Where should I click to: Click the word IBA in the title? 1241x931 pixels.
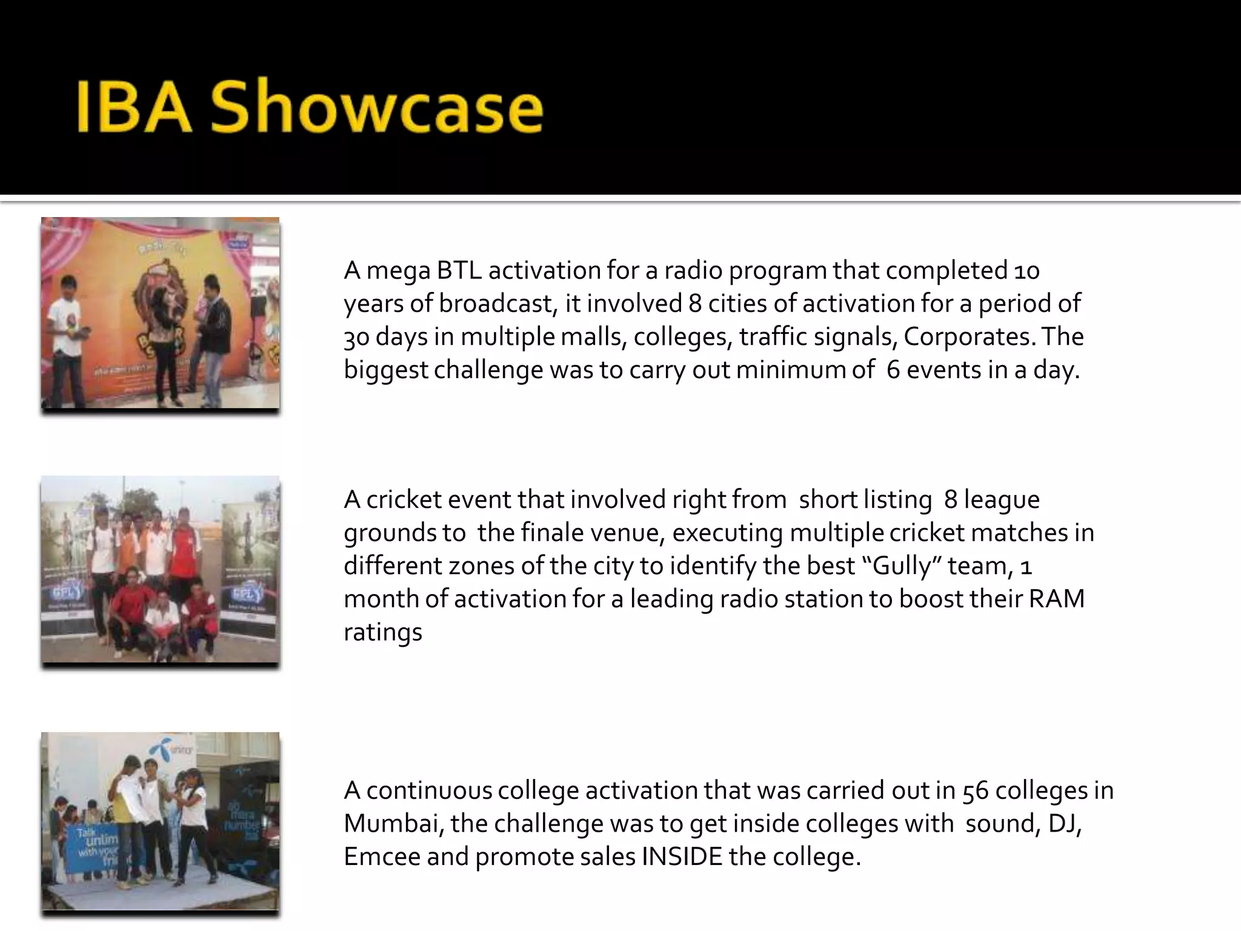pyautogui.click(x=134, y=108)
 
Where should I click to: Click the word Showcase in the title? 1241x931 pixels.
pyautogui.click(x=376, y=108)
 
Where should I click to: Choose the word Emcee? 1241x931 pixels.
pyautogui.click(x=382, y=856)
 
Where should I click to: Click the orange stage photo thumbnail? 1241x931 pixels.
pyautogui.click(x=161, y=313)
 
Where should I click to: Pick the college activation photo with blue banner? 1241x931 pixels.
pyautogui.click(x=161, y=821)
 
